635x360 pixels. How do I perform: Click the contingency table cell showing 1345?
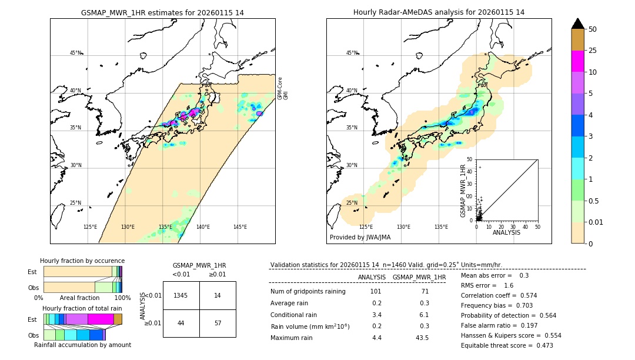point(181,295)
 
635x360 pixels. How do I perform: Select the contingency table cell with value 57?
point(218,324)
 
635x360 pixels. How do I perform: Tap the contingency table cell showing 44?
point(181,324)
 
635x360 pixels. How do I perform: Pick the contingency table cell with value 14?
point(218,295)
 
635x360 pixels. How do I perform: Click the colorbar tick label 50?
point(593,29)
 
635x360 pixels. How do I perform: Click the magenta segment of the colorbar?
point(577,61)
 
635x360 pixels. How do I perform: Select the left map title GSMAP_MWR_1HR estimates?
point(162,12)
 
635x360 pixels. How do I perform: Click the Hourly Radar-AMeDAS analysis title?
point(439,12)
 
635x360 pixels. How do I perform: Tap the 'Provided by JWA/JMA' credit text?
point(360,237)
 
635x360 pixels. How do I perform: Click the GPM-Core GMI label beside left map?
point(283,88)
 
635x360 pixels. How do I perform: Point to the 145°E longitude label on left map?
point(240,227)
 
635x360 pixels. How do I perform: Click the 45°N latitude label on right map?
point(351,53)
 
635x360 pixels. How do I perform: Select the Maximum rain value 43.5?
point(422,338)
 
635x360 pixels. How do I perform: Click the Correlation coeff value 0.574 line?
point(499,295)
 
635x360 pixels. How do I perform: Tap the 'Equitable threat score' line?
point(507,345)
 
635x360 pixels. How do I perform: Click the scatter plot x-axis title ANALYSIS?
point(506,232)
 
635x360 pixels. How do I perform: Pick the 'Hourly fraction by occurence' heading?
point(82,261)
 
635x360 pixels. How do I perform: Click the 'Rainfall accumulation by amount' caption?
point(82,345)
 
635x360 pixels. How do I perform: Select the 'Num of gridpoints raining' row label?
point(308,291)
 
